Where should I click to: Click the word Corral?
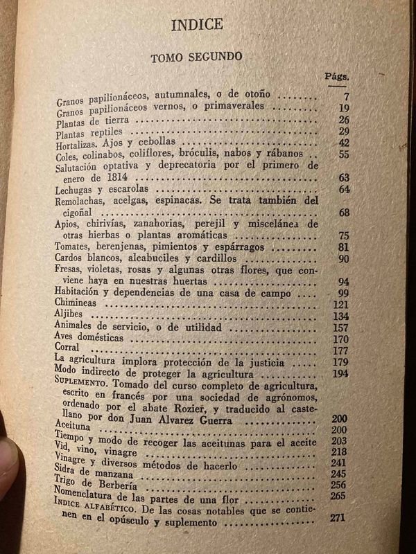click(x=69, y=350)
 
